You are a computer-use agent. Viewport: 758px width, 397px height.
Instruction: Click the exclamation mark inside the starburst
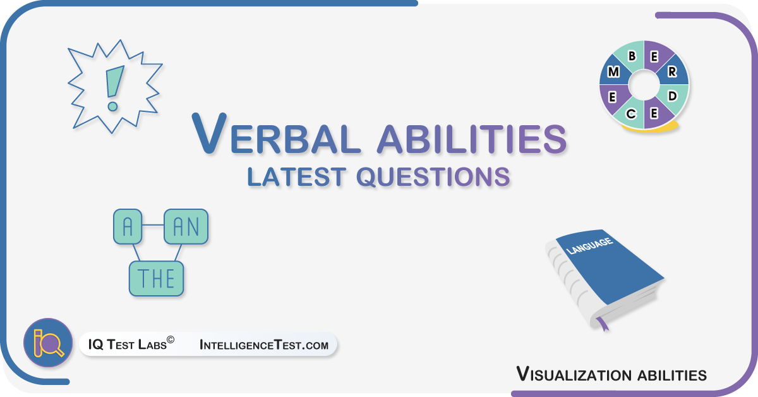(x=114, y=88)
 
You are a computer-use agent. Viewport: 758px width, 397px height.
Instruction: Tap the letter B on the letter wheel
(x=632, y=56)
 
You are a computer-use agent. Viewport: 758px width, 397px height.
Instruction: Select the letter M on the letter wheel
(x=613, y=72)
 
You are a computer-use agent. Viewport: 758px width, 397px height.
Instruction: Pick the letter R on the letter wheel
(x=672, y=71)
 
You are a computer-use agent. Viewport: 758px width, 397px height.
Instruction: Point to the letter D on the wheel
(x=672, y=96)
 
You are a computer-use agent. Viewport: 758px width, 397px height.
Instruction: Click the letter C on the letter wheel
(x=631, y=114)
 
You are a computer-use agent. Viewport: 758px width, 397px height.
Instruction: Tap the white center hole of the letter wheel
(x=644, y=85)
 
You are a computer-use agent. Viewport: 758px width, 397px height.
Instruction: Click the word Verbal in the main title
(x=276, y=133)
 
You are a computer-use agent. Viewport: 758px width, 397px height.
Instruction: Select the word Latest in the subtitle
(x=296, y=176)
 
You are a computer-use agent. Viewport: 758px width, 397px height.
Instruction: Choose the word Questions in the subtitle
(x=433, y=177)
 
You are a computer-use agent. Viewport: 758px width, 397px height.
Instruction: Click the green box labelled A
(x=128, y=226)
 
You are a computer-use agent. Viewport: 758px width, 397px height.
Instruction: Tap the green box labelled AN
(x=186, y=226)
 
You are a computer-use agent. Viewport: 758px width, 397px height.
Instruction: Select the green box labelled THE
(x=157, y=278)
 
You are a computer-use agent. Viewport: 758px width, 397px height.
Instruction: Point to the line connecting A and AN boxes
(x=153, y=225)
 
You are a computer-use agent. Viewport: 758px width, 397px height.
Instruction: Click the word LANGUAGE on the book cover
(x=589, y=246)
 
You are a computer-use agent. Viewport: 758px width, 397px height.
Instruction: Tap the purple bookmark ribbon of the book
(x=603, y=324)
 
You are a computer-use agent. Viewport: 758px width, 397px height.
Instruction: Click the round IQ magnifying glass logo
(x=48, y=343)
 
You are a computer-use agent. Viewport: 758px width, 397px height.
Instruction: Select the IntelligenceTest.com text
(x=264, y=345)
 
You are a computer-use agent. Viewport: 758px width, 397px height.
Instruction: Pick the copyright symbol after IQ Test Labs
(x=171, y=339)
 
